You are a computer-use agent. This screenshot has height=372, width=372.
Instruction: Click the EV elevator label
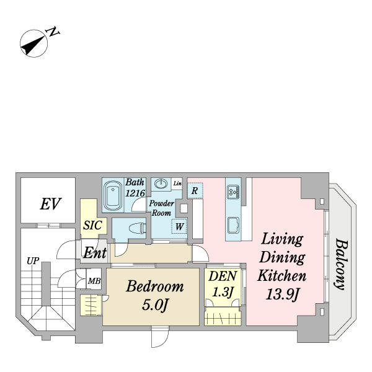(x=49, y=203)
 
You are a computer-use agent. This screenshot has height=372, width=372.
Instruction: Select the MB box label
(x=94, y=281)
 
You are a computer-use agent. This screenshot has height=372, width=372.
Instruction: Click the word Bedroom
(x=155, y=287)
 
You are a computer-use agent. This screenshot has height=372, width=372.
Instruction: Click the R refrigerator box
(x=195, y=190)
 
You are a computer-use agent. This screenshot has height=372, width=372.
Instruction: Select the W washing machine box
(x=179, y=226)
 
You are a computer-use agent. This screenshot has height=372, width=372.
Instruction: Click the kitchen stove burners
(x=233, y=192)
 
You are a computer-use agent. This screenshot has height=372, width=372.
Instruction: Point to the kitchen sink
(x=233, y=226)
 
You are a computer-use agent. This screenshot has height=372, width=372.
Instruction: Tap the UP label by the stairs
(x=32, y=260)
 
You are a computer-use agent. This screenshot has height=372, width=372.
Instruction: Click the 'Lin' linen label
(x=177, y=183)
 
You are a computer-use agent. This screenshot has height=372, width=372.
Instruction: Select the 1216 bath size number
(x=135, y=193)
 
